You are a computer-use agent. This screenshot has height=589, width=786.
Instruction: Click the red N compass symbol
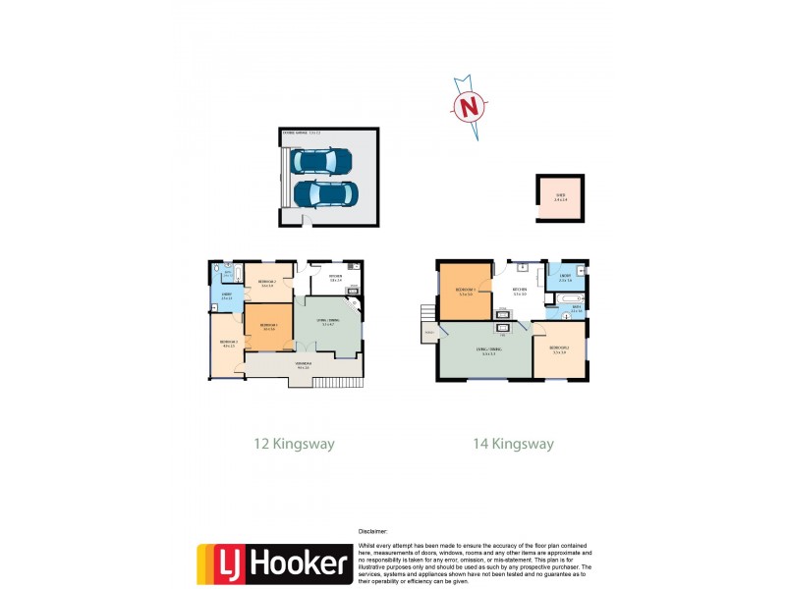click(470, 105)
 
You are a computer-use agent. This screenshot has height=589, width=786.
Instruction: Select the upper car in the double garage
click(326, 160)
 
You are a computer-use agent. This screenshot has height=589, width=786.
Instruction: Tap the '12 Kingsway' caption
click(294, 444)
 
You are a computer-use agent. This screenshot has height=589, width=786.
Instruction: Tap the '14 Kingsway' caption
click(513, 444)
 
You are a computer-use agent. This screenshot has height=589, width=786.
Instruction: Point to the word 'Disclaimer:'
click(374, 530)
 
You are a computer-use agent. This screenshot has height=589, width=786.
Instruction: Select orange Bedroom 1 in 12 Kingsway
click(267, 326)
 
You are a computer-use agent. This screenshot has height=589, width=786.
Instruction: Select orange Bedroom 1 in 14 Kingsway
click(466, 292)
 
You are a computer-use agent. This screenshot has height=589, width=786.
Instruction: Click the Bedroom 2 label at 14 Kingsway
click(558, 348)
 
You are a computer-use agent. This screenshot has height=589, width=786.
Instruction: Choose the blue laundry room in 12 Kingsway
click(226, 297)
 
